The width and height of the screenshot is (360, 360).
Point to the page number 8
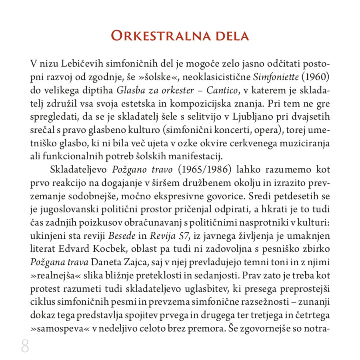pos(25,346)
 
